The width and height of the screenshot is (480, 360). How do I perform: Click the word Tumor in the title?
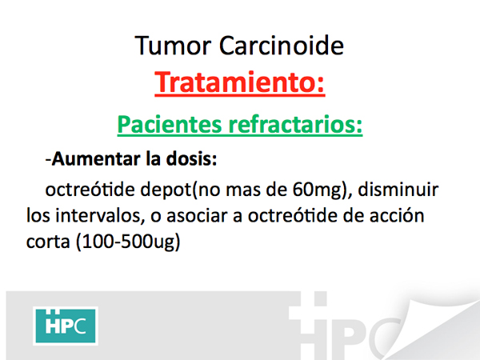[173, 46]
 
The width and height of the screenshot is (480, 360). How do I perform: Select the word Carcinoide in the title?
[282, 46]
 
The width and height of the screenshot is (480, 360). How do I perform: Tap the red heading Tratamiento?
[240, 82]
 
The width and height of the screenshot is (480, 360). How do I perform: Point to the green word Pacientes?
[170, 125]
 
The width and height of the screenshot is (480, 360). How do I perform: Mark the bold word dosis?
[191, 159]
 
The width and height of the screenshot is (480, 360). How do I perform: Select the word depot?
[166, 190]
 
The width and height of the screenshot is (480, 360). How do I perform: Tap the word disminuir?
[398, 190]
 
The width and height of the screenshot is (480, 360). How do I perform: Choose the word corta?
[48, 242]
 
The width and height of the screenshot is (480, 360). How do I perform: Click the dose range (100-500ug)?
[128, 242]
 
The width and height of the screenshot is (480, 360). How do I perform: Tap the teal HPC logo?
[66, 326]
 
